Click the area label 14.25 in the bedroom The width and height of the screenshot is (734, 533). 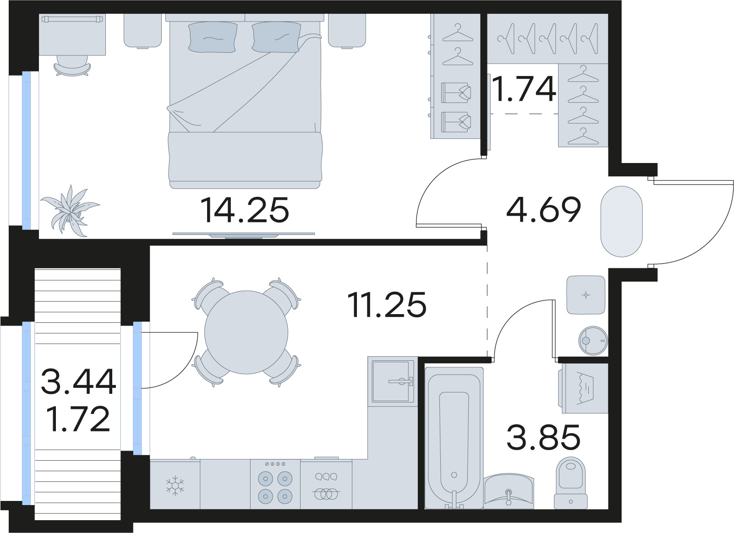(x=244, y=210)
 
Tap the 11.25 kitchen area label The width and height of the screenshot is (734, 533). (x=388, y=305)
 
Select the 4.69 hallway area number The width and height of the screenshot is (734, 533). (x=543, y=210)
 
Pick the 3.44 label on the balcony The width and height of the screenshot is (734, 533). (x=79, y=381)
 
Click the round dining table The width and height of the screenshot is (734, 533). (x=246, y=332)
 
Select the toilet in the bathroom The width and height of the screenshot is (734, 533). (x=570, y=483)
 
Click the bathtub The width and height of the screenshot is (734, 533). (x=454, y=438)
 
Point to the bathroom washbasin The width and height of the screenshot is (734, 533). (x=509, y=491)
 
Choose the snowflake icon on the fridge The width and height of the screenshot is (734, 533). (x=175, y=485)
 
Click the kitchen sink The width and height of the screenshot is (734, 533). (x=393, y=382)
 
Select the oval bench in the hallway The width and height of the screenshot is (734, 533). (x=622, y=221)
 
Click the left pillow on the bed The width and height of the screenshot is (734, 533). (x=213, y=37)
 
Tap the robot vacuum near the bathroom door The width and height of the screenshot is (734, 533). (x=593, y=341)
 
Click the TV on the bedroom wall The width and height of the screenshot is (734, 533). (x=243, y=235)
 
